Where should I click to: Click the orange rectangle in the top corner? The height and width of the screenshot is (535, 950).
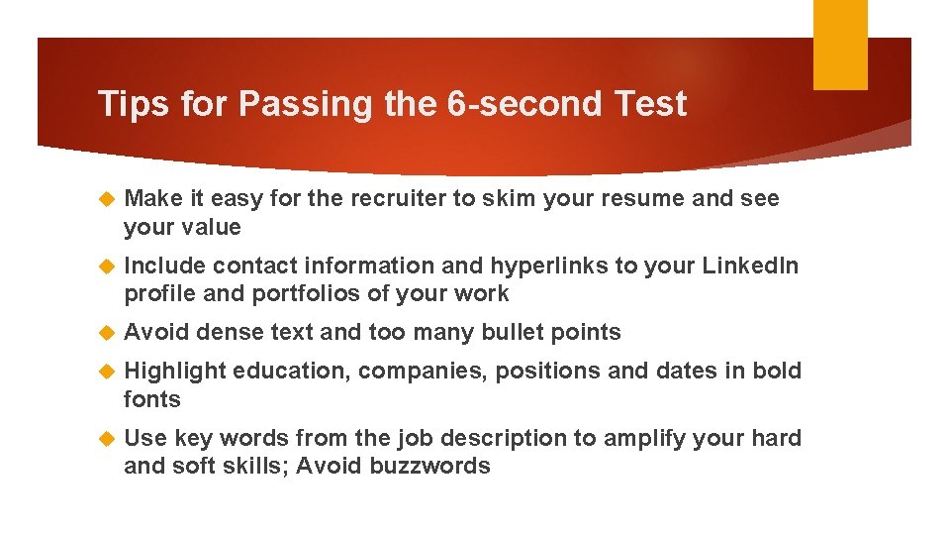coord(840,44)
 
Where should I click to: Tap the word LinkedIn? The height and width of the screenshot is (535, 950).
coord(750,266)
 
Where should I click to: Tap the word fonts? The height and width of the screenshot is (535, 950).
coord(151,399)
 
